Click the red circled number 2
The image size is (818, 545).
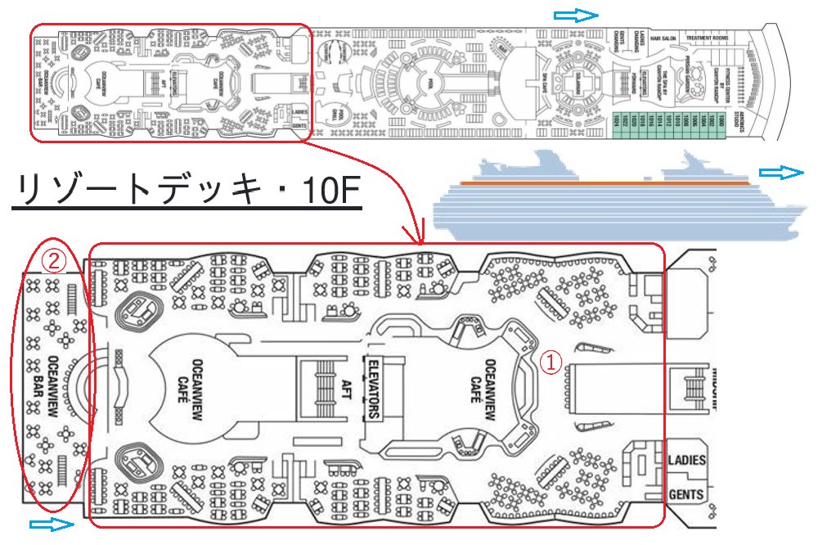click(53, 262)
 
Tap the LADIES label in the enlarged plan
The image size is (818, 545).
click(686, 460)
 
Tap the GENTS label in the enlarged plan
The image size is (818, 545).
click(686, 494)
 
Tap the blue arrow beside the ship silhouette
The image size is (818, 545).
click(782, 172)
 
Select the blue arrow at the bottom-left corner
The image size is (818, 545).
click(51, 524)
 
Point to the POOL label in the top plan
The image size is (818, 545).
click(423, 83)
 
